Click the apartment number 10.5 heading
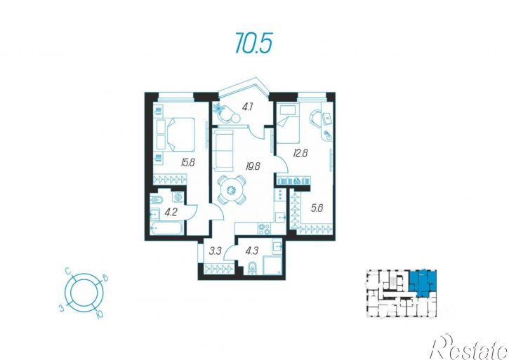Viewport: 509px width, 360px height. point(253,44)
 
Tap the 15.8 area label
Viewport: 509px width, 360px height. point(188,162)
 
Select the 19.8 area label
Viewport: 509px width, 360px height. point(253,167)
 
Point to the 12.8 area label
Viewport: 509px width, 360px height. point(300,153)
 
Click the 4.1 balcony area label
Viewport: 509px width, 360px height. point(247,107)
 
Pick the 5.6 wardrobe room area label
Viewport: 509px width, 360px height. point(317,208)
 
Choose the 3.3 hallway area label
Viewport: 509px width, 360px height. point(216,251)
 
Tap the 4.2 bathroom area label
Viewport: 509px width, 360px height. point(171,213)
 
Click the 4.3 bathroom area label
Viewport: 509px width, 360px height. point(252,251)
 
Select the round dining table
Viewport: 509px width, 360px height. point(232,191)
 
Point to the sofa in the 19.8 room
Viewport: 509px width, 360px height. point(223,150)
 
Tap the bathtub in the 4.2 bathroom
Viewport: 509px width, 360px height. point(167,228)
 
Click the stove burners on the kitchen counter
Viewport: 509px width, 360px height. point(264,229)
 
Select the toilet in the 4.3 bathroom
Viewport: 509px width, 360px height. point(252,269)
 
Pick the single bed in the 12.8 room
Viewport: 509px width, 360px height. point(287,124)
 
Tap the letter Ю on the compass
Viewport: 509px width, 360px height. point(100,314)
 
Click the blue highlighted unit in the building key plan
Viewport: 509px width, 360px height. point(423,282)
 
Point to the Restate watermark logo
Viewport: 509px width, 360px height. point(469,347)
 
